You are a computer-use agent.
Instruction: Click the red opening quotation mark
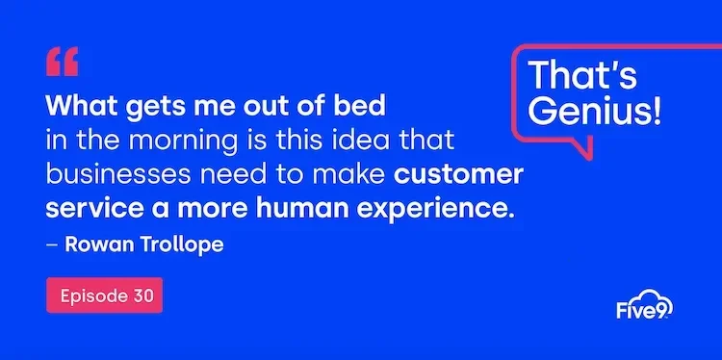point(62,62)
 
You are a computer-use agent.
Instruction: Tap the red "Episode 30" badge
point(104,296)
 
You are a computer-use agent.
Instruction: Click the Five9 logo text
point(643,310)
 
